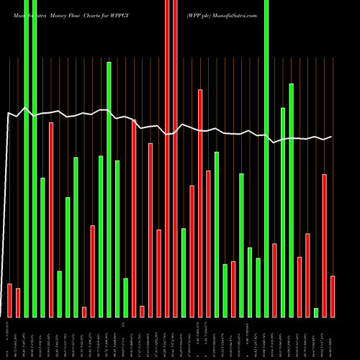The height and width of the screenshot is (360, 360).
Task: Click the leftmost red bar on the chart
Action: tap(10, 300)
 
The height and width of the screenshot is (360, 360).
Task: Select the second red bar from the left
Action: tap(18, 302)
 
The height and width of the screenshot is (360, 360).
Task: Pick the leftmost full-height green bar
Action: tap(27, 158)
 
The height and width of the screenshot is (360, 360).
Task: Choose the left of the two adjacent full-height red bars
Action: tap(167, 158)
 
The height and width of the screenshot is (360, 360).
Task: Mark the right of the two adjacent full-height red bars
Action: tap(175, 158)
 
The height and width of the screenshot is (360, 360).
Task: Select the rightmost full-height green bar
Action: tap(266, 158)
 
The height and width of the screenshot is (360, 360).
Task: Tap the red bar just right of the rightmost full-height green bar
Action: tap(274, 280)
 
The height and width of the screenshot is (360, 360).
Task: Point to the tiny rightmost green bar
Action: tap(316, 312)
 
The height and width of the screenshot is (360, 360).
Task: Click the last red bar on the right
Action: tap(333, 296)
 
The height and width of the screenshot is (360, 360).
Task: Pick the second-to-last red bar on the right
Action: tap(325, 246)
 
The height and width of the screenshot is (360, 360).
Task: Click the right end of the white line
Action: tap(331, 137)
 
